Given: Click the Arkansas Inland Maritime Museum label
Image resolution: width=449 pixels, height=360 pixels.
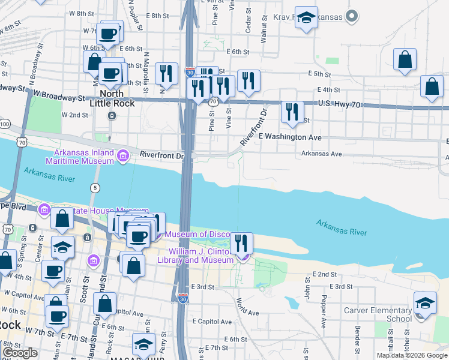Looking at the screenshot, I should pyautogui.click(x=80, y=157).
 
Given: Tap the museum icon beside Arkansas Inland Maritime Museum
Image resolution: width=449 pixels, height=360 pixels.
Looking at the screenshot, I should pyautogui.click(x=123, y=156).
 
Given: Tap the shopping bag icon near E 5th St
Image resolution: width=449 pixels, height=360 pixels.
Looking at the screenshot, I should pyautogui.click(x=405, y=61).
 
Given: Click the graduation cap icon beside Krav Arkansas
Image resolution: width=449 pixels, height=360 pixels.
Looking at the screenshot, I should pyautogui.click(x=306, y=19).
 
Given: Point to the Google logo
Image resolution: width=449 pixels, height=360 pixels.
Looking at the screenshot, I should pyautogui.click(x=20, y=353).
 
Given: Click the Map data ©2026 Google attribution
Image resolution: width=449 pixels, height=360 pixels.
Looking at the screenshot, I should pyautogui.click(x=411, y=355).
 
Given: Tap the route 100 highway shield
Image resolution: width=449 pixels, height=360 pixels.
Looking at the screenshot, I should pyautogui.click(x=5, y=124).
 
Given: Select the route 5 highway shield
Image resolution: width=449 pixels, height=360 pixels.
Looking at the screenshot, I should pyautogui.click(x=95, y=188).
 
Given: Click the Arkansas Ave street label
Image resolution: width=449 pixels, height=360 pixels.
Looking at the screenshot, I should pyautogui.click(x=321, y=154).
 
